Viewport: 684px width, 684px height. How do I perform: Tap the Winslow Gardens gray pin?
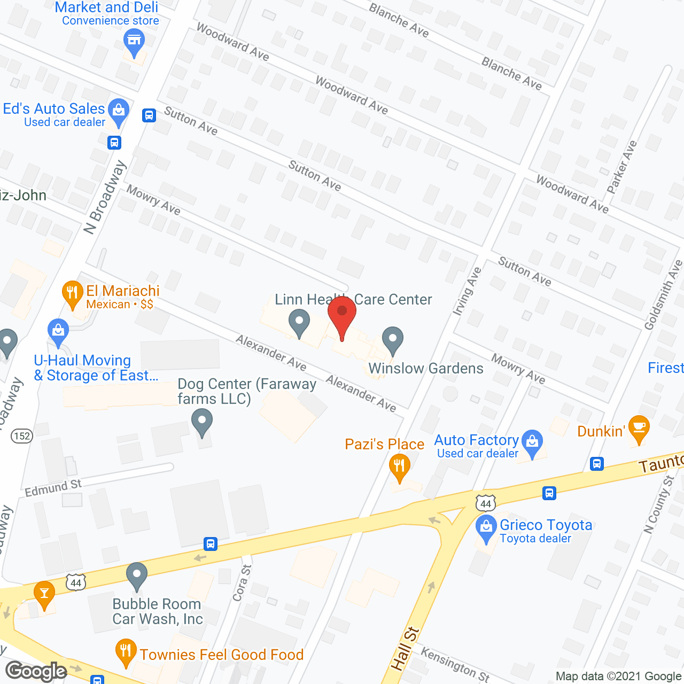(x=393, y=339)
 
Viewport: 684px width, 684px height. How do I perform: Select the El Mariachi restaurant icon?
(x=72, y=293)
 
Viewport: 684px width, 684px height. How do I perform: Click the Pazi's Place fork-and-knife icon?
(x=399, y=466)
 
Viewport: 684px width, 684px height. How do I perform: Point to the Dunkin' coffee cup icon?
(x=639, y=428)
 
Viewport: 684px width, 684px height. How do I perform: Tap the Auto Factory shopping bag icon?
(x=532, y=442)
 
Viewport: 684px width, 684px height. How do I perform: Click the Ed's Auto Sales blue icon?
(x=118, y=111)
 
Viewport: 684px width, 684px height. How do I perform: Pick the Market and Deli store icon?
(x=134, y=41)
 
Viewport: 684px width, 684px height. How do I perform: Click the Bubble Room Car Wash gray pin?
(x=137, y=576)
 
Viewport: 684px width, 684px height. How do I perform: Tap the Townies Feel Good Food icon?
(x=126, y=652)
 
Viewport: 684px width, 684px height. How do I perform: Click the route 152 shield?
(x=22, y=436)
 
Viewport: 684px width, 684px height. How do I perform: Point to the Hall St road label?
(x=405, y=649)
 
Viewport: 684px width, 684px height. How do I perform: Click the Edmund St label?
(x=53, y=487)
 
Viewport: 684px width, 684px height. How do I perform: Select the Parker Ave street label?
(x=622, y=167)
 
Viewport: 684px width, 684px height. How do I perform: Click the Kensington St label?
(x=455, y=664)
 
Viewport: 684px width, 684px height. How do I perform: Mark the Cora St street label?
(x=242, y=583)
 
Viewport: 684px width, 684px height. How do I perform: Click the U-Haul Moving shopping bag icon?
(x=58, y=331)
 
